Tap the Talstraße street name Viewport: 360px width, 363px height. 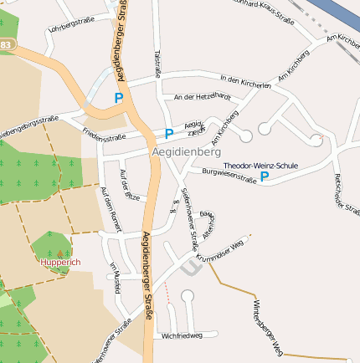[x=157, y=62]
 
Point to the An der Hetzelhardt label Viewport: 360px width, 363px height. [x=201, y=98]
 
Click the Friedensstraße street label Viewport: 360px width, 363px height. [x=105, y=131]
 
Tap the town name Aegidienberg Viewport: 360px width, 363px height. [x=186, y=153]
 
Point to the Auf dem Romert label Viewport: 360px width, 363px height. [x=111, y=208]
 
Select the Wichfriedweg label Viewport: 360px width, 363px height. [x=183, y=335]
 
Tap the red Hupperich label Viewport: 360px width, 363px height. [x=59, y=262]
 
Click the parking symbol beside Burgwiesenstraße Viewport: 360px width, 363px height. [x=265, y=176]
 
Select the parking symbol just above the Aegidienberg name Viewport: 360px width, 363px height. [x=168, y=134]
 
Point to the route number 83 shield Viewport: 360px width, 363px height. [x=6, y=43]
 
